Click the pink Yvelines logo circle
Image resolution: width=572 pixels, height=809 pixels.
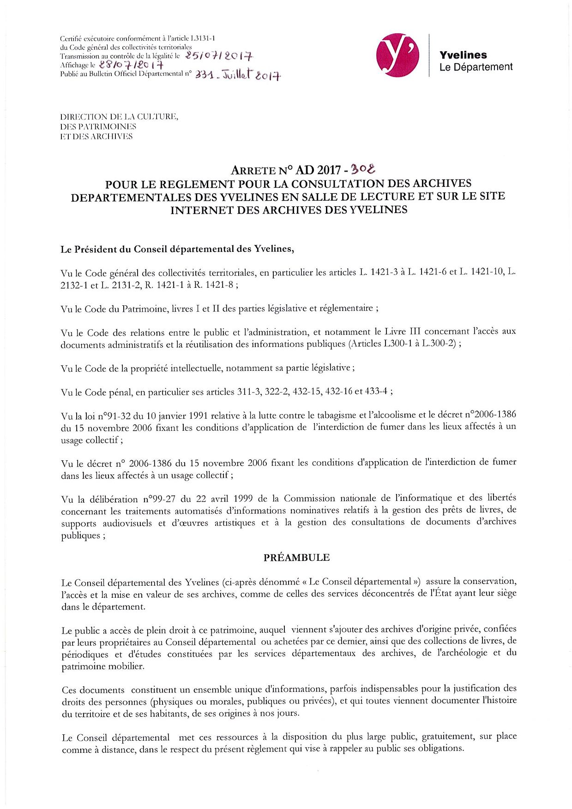pyautogui.click(x=397, y=55)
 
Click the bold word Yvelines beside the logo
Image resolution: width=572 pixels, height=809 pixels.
pyautogui.click(x=463, y=55)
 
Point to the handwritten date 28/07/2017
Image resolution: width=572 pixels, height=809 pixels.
pyautogui.click(x=131, y=65)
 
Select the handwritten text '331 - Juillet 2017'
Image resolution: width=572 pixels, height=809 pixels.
pyautogui.click(x=238, y=75)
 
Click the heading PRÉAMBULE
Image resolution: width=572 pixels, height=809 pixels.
pyautogui.click(x=296, y=557)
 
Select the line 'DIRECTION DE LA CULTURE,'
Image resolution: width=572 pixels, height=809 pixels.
pyautogui.click(x=119, y=117)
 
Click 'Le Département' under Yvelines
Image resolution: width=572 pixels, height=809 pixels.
pyautogui.click(x=476, y=67)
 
